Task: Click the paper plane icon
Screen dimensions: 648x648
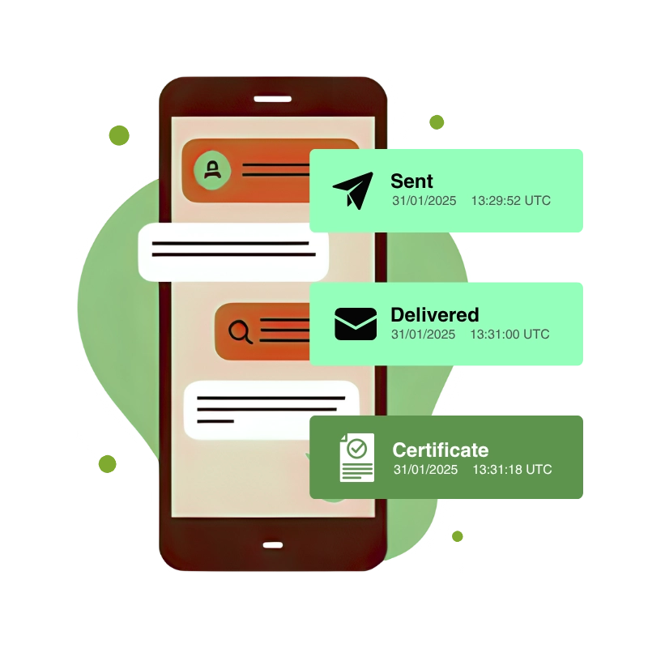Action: point(352,190)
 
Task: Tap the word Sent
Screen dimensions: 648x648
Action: point(411,181)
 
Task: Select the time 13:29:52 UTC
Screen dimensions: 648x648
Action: point(510,201)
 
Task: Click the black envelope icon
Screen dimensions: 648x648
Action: point(356,325)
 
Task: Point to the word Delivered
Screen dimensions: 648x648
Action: point(434,315)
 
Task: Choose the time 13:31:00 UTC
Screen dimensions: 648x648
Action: point(509,335)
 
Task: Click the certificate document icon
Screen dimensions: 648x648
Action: point(356,458)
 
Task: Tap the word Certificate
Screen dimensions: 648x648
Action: point(440,450)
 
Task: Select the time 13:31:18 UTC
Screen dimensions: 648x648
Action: point(512,470)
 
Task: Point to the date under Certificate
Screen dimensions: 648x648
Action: point(425,470)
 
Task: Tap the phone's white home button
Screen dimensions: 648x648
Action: point(272,544)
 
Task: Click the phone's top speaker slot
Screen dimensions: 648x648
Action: point(272,100)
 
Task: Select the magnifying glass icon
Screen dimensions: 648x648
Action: point(241,330)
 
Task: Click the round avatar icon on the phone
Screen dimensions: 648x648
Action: point(212,170)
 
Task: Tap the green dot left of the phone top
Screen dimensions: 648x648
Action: point(119,135)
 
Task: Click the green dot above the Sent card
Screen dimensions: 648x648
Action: point(437,122)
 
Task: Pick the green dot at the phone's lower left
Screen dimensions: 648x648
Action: point(108,463)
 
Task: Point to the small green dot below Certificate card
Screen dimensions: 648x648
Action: point(458,536)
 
